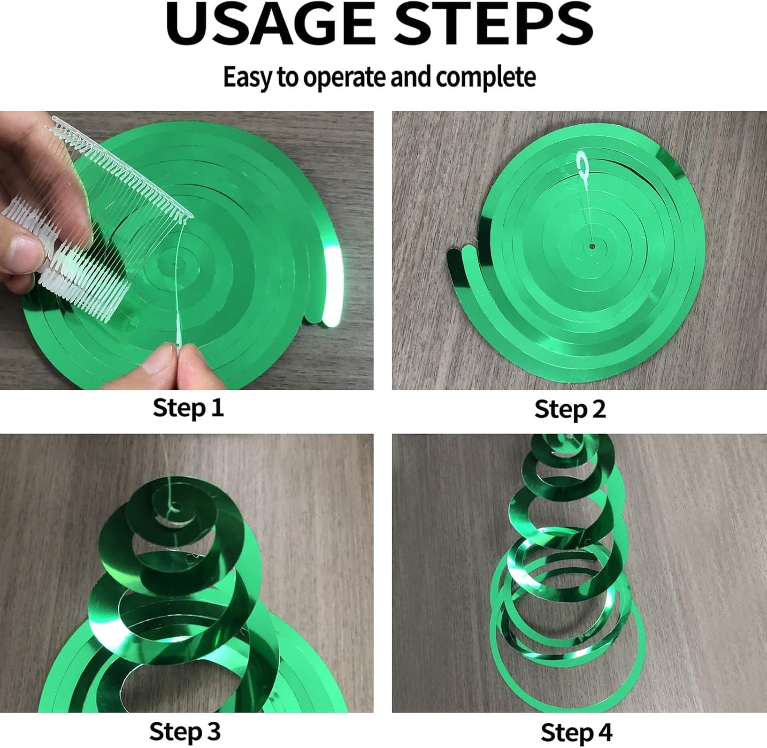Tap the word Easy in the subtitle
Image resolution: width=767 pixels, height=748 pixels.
point(247,77)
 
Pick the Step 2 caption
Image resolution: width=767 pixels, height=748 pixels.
point(570,409)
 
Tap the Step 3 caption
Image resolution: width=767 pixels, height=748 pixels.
point(185,732)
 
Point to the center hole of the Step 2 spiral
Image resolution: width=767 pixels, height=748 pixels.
point(592,247)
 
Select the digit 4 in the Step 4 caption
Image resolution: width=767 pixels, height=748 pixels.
point(604,732)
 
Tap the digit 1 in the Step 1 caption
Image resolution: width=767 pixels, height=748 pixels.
point(219,407)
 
